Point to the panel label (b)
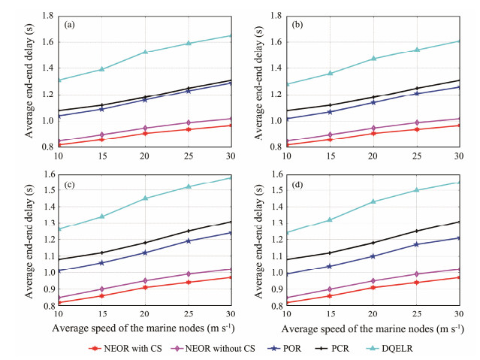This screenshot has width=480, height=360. pyautogui.click(x=296, y=25)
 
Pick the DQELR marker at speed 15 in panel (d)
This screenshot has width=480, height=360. pyautogui.click(x=329, y=219)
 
